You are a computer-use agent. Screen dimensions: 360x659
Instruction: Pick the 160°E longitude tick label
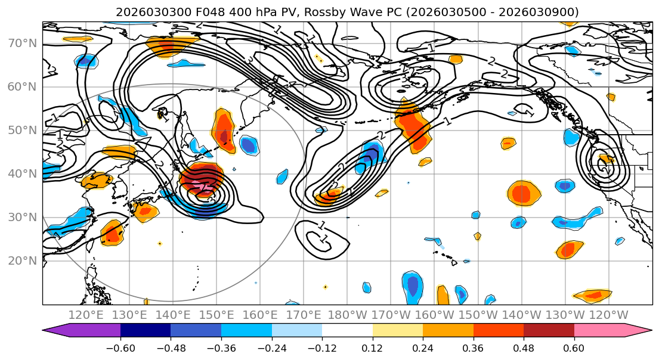click(261, 315)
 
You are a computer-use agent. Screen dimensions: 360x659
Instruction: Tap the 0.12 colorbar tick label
click(373, 347)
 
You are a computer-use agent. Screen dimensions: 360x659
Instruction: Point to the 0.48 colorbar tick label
click(524, 347)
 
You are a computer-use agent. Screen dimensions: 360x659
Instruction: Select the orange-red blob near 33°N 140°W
click(522, 194)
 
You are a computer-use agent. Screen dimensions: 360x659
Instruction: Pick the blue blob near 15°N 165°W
click(412, 286)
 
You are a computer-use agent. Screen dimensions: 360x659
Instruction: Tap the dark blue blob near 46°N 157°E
click(249, 145)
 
